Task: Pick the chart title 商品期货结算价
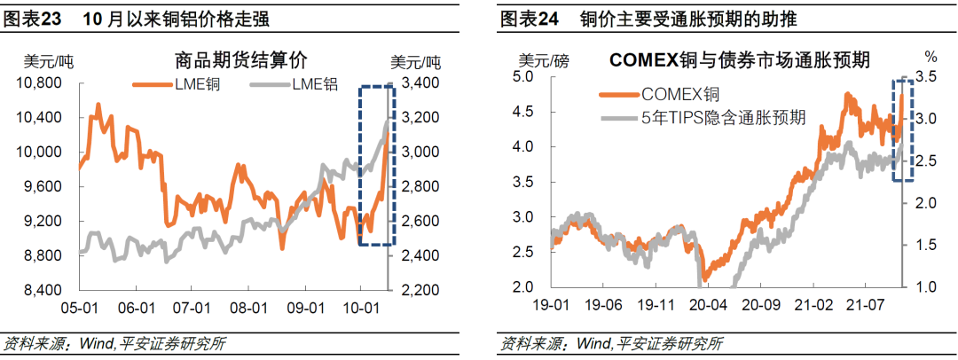tap(241, 61)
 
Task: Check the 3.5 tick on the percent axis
tap(925, 77)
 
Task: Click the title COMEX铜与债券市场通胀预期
tap(738, 61)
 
